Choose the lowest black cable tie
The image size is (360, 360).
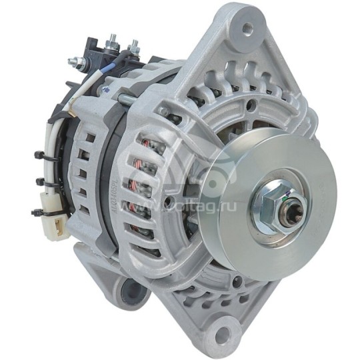click(x=37, y=212)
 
